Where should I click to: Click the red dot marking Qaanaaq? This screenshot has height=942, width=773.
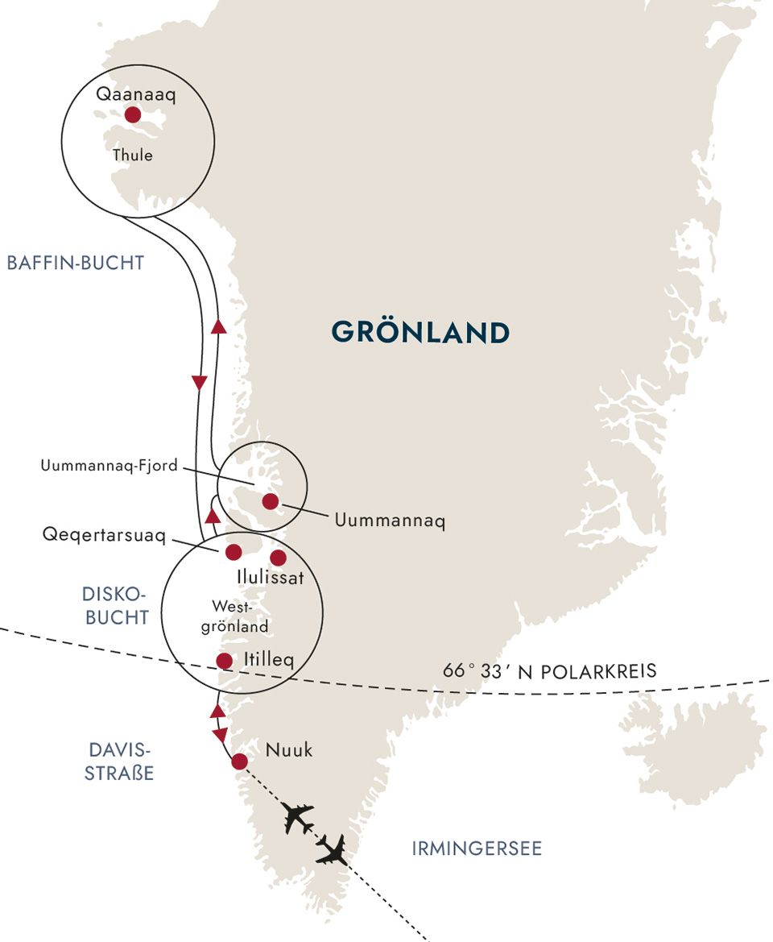click(x=133, y=115)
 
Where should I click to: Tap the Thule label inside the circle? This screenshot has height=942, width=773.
click(x=134, y=155)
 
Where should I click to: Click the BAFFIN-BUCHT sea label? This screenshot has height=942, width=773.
click(x=75, y=263)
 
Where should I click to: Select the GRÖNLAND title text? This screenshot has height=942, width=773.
click(x=420, y=332)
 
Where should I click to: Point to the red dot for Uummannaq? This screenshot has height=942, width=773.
click(x=271, y=502)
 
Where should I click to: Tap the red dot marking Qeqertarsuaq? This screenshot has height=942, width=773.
click(x=234, y=552)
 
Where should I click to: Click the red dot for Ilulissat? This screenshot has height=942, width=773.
click(x=279, y=558)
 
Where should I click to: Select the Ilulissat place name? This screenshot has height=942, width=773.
click(x=271, y=578)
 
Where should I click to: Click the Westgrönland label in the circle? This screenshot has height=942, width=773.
click(x=239, y=615)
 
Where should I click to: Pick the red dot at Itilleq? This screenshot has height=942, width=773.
click(x=225, y=661)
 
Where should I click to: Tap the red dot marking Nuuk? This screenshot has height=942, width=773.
click(x=239, y=761)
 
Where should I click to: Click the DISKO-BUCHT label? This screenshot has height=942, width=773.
click(x=115, y=606)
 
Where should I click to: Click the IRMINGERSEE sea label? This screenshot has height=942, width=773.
click(x=477, y=849)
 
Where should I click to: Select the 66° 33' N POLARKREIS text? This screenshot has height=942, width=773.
click(x=550, y=671)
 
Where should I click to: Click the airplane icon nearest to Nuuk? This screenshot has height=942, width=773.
click(x=298, y=818)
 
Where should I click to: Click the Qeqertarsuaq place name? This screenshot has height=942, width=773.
click(x=110, y=536)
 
